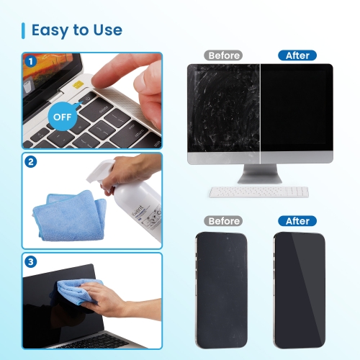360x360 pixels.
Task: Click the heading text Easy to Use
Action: point(76,30)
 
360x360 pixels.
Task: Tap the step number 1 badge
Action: point(30,61)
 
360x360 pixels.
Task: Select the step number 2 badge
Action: point(30,162)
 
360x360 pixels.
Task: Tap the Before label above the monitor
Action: point(224,55)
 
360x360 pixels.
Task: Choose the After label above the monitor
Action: point(297,55)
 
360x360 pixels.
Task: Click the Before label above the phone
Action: point(224,221)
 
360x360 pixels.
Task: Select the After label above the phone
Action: point(297,221)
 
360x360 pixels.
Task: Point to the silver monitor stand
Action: point(259,175)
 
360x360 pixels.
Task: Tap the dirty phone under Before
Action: point(222,289)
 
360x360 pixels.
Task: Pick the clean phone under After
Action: point(298,289)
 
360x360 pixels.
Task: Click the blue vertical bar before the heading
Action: point(24,30)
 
